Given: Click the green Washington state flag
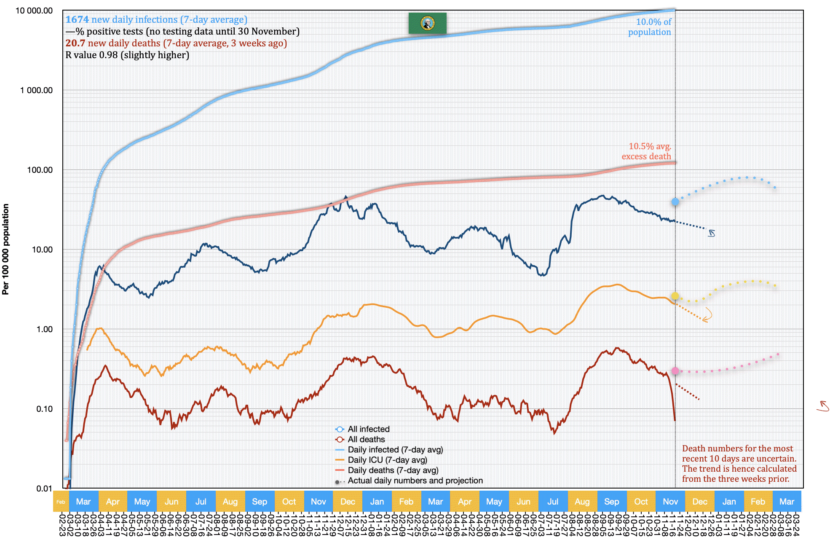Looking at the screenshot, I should tap(427, 23).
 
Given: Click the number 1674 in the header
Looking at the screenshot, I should tap(77, 20).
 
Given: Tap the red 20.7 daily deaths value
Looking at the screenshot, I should tap(75, 43).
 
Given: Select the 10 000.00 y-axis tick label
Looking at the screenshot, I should tap(34, 11).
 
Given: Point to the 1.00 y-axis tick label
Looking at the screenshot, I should tap(45, 329).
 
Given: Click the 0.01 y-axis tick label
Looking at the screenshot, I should tap(44, 489).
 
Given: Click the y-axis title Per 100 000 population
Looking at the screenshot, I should tap(5, 249).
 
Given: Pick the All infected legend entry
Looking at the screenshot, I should tap(368, 429).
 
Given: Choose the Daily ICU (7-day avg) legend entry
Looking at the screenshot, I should tap(387, 460).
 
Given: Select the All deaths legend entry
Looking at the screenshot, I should tap(366, 439).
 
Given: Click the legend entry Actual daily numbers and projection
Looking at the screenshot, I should tap(415, 481).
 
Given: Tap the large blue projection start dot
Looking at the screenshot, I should tap(675, 202).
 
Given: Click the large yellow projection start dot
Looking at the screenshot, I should tap(675, 296).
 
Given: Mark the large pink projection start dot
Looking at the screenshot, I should tap(675, 371).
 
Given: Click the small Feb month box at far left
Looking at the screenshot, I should tap(61, 502).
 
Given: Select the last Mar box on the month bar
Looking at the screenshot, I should tap(787, 502).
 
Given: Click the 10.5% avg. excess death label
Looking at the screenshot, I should tap(646, 151).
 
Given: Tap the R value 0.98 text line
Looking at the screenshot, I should tap(127, 55).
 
